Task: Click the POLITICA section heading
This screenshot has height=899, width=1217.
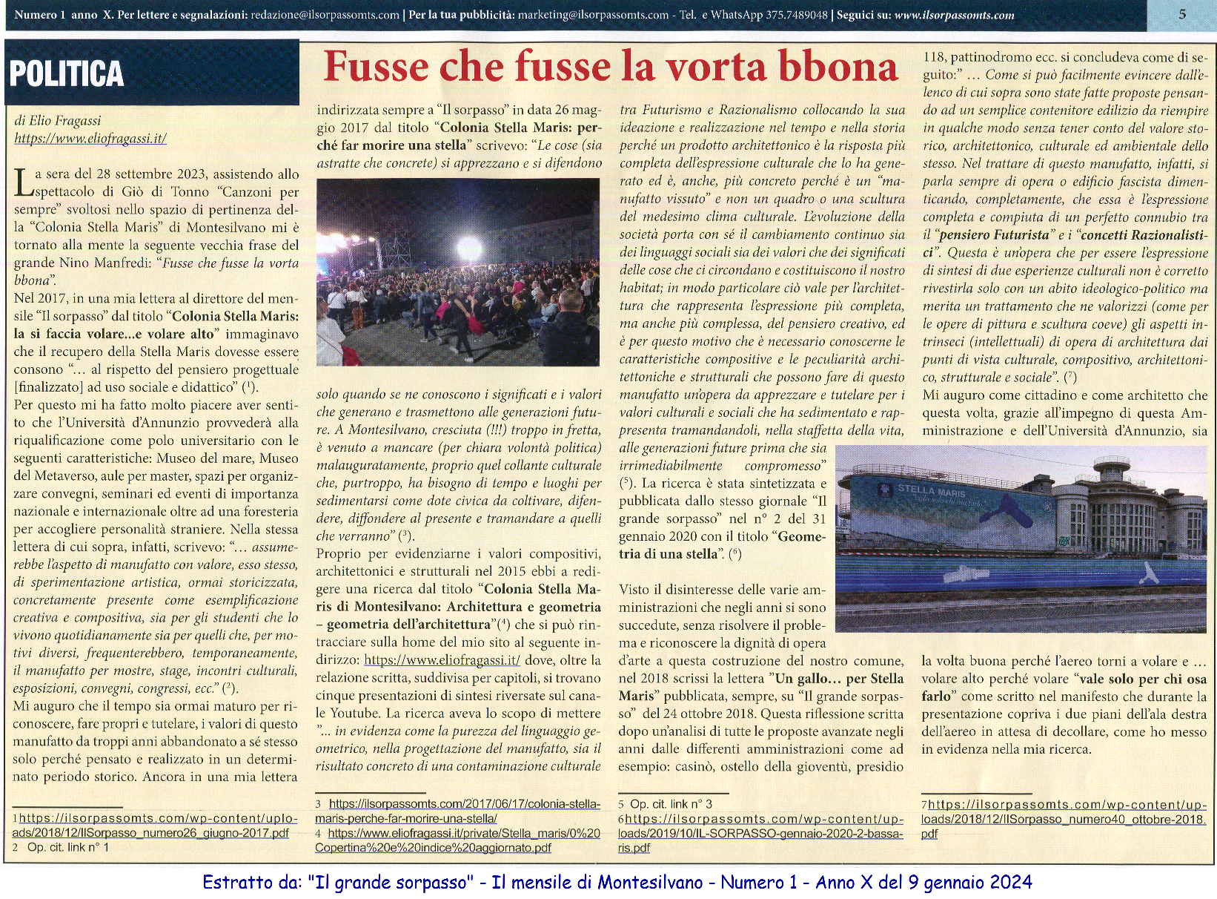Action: click(67, 73)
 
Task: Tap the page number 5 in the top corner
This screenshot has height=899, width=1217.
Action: click(1182, 13)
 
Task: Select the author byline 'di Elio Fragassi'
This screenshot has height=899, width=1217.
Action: click(58, 120)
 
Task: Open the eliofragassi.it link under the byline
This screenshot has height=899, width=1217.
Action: click(90, 138)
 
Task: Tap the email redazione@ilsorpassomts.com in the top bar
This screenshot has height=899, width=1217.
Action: click(325, 15)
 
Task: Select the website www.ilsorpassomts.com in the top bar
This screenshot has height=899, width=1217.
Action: click(955, 15)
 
